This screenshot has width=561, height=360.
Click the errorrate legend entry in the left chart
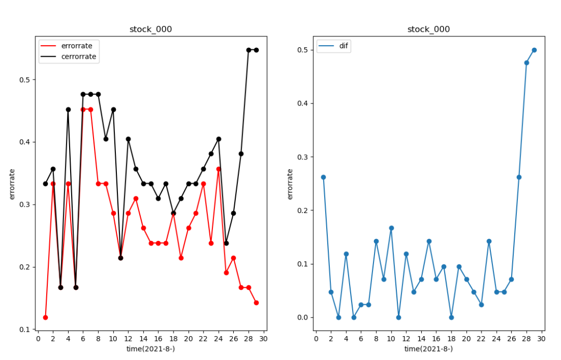76,46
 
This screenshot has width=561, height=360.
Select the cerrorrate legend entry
78,57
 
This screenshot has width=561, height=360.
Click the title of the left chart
151,29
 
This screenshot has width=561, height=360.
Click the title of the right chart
429,29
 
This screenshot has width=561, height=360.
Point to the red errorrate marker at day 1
45,317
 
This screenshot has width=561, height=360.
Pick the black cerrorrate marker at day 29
256,50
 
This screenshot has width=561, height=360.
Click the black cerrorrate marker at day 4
68,110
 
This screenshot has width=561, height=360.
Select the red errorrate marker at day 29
256,303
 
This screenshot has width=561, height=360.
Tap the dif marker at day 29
534,50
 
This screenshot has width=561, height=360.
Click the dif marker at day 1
323,177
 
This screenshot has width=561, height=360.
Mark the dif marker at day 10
391,228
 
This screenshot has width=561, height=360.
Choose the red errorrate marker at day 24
219,169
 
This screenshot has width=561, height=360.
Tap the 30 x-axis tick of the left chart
264,339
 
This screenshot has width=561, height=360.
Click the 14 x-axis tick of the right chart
421,339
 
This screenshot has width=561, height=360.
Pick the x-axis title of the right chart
429,349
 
